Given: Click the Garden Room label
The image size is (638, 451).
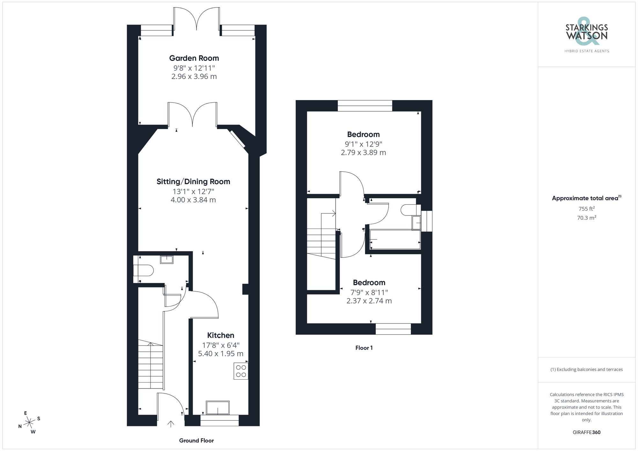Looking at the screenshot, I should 194,58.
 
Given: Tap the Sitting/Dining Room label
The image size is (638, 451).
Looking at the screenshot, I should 193,182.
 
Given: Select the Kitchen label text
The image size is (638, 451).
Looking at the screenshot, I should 220,335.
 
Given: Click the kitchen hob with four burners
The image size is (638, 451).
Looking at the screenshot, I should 241,371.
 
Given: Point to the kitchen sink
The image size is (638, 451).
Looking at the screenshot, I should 218,408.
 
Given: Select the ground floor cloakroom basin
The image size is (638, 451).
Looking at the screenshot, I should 167,259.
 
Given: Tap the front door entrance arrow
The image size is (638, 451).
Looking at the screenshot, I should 171,424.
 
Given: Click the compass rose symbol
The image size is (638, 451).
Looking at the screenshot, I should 29,423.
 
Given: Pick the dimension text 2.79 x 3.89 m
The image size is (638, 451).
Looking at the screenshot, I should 363,153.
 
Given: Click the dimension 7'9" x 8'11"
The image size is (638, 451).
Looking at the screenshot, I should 369,292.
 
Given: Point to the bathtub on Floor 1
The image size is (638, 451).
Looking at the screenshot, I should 395,239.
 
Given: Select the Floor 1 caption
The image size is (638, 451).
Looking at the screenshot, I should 364,348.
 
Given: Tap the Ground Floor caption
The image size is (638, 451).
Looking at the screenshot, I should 196,440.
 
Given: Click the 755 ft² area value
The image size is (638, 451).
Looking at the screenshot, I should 586,209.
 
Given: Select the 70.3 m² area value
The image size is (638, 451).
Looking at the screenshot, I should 586,218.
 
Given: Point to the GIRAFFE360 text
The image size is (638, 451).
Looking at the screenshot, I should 586,432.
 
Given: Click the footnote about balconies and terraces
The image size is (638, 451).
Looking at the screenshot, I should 586,369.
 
